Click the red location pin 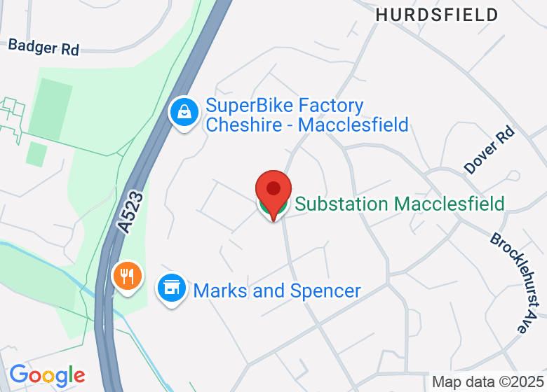click(273, 191)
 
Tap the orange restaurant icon click(127, 276)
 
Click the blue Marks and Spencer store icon click(171, 288)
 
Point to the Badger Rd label click(43, 47)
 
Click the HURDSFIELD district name click(437, 15)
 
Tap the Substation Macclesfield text click(399, 204)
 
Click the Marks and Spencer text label click(277, 290)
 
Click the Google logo click(47, 375)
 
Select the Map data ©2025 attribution click(487, 382)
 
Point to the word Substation click(342, 204)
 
